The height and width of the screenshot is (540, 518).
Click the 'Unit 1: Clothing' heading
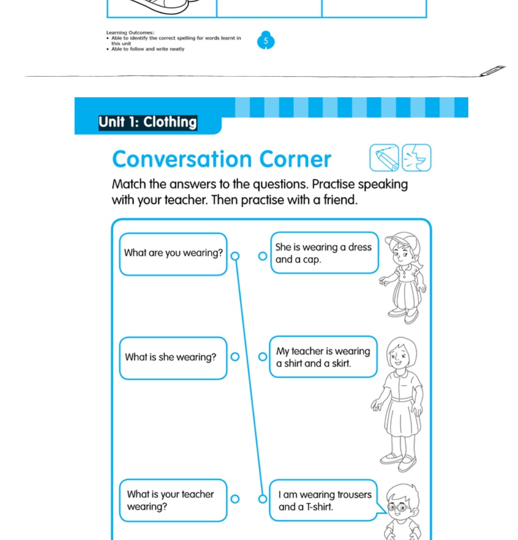(x=147, y=122)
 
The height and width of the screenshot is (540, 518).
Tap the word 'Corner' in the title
(x=295, y=159)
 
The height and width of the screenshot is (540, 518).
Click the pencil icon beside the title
(x=384, y=158)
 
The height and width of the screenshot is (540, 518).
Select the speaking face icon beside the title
(x=417, y=158)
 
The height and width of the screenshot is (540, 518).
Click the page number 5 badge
(x=265, y=40)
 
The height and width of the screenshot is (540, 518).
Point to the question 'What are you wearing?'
(x=173, y=253)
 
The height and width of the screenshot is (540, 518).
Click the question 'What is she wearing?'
(x=171, y=357)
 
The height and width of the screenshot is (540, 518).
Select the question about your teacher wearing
(x=171, y=501)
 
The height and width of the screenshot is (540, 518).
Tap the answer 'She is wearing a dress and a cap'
(x=323, y=253)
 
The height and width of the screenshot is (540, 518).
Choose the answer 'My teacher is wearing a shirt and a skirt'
(x=323, y=357)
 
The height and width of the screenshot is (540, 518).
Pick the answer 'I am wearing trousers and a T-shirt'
(x=325, y=501)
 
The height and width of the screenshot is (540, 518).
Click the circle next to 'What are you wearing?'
(x=235, y=256)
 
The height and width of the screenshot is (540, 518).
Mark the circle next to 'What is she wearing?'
(x=235, y=356)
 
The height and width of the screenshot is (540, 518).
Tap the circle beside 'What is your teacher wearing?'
(x=235, y=499)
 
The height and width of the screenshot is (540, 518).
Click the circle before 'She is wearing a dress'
(x=262, y=256)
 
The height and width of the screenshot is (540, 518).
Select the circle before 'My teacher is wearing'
(x=262, y=356)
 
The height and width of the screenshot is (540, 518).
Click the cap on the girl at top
(x=401, y=239)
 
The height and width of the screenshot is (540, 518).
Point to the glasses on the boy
(x=399, y=508)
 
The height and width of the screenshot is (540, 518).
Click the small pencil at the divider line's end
(x=493, y=71)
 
